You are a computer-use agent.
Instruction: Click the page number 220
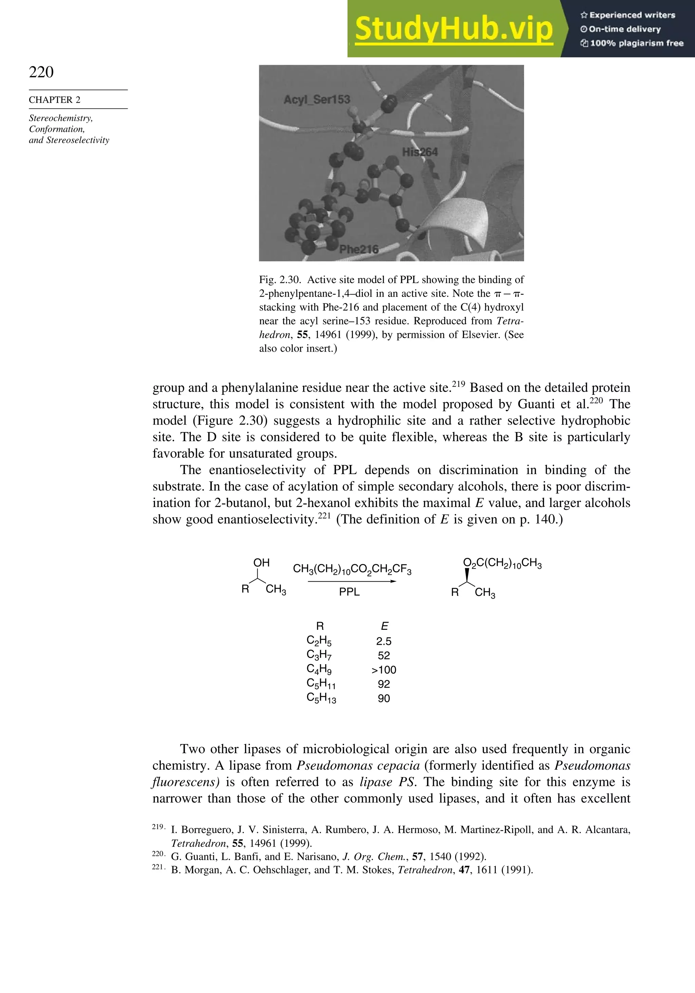(41, 72)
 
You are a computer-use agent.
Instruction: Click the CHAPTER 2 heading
(55, 100)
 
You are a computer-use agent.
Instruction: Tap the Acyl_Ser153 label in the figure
(317, 100)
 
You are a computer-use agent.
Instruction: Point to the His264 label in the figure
(419, 152)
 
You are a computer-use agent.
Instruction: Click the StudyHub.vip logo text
(454, 29)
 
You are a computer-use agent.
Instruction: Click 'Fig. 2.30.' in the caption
(280, 280)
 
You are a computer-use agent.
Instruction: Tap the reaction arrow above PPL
(352, 581)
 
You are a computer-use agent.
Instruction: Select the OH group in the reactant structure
(261, 563)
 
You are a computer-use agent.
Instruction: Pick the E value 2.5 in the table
(383, 641)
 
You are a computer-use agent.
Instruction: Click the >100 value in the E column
(383, 670)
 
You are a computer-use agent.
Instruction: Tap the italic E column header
(384, 626)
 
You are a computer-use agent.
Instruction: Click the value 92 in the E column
(383, 684)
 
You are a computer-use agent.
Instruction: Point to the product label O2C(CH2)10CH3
(502, 564)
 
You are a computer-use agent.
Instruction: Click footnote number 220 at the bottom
(158, 854)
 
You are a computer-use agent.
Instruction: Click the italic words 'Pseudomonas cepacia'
(358, 766)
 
